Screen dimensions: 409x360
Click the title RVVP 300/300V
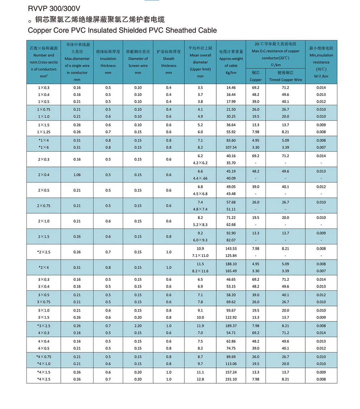[54, 9]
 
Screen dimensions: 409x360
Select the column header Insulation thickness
[108, 62]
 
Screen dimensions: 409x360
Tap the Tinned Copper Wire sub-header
[285, 80]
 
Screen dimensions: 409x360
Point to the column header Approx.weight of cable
[231, 62]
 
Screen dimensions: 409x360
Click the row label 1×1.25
[44, 132]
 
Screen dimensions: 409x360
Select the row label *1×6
[44, 147]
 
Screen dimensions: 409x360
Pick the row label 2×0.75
[44, 206]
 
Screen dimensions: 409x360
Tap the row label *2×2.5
[44, 252]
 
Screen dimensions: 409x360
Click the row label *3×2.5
[44, 326]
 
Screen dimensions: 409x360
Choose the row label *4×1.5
[44, 372]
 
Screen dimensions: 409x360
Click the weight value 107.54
[231, 147]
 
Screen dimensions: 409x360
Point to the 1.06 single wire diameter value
[77, 175]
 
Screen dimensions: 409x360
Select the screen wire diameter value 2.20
[138, 326]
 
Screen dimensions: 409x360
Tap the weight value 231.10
[231, 379]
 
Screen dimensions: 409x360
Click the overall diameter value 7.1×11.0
[200, 255]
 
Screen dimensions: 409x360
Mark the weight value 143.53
[231, 248]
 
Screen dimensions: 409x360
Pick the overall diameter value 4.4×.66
[200, 178]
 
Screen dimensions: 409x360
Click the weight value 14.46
[231, 88]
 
